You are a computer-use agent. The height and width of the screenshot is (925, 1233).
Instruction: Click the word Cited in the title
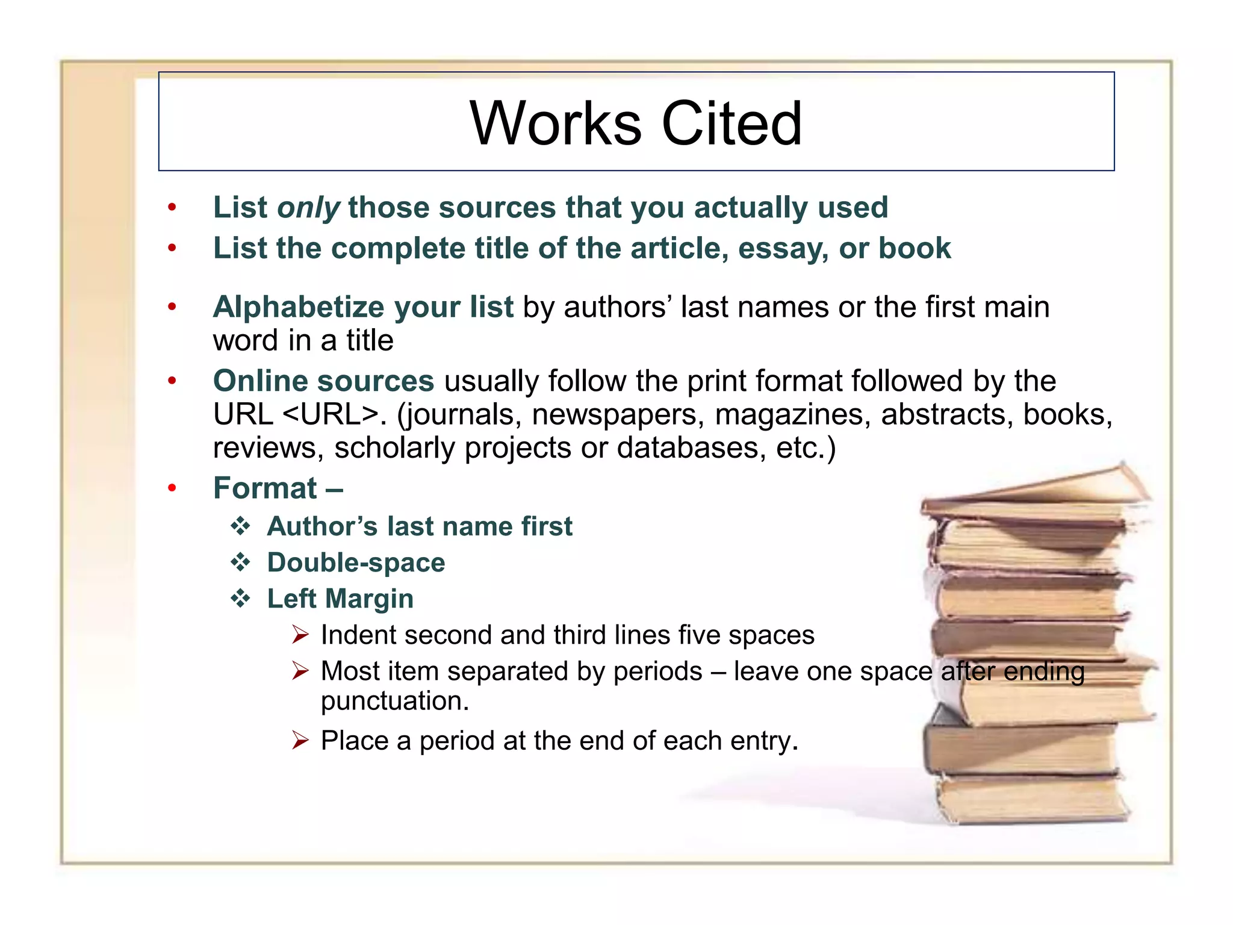[731, 123]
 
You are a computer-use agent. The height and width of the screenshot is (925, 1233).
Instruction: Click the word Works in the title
[556, 123]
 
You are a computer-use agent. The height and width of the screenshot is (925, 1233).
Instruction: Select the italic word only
[308, 208]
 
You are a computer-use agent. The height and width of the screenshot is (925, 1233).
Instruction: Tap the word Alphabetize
[298, 308]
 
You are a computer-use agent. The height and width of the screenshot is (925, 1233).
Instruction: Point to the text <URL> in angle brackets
[331, 414]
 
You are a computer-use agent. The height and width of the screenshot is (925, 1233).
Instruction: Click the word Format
[265, 488]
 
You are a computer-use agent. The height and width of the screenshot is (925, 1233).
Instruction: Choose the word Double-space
[356, 562]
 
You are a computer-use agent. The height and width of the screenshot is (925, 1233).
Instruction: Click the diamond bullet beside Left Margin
[241, 599]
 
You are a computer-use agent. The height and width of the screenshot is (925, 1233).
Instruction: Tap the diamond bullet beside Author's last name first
[241, 526]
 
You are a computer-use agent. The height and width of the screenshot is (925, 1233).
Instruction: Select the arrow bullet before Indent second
[300, 635]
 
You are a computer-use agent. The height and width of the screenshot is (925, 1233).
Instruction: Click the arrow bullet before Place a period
[300, 740]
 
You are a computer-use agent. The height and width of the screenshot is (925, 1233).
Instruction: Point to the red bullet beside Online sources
[172, 381]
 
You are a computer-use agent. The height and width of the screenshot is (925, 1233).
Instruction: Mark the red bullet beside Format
[172, 488]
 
